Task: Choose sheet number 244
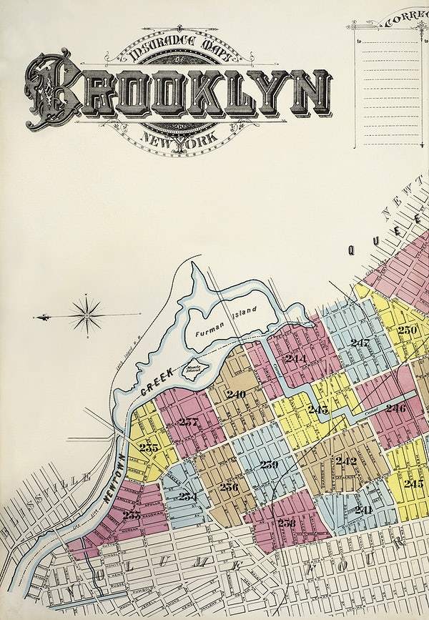coord(295,358)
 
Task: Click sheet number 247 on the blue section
coord(360,343)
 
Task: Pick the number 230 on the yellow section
coord(408,330)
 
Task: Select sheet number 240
coord(236,394)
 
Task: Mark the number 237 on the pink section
coord(188,421)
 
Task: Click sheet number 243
coord(318,409)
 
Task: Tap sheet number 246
coord(395,408)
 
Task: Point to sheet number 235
coord(149,448)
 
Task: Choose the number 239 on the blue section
coord(269,465)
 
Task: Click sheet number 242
coord(346,461)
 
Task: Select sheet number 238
coord(287,523)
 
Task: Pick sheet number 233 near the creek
coord(132,515)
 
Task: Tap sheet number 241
coord(363,509)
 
